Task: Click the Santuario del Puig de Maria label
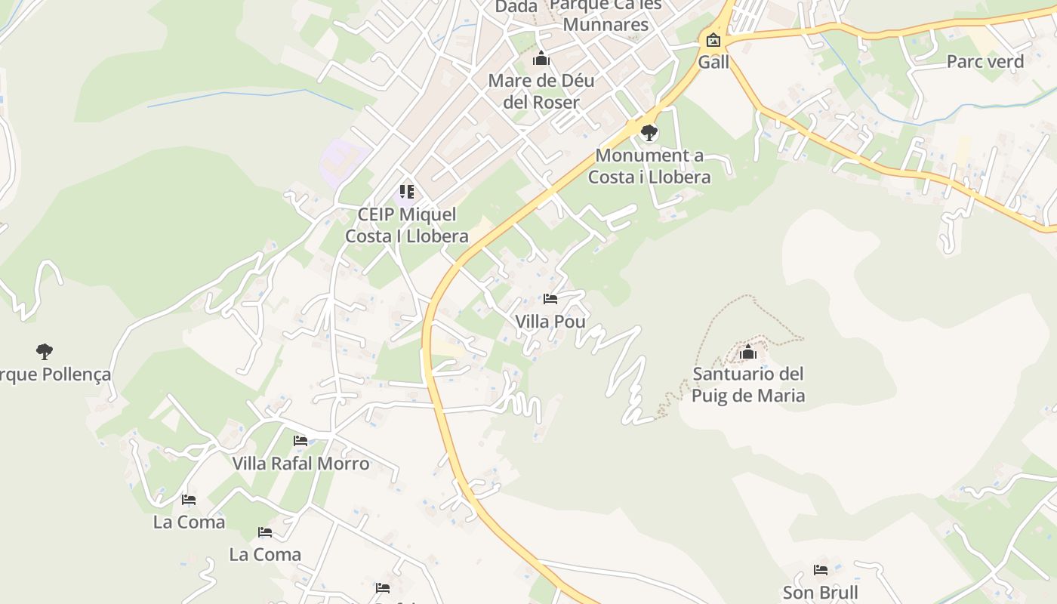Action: [748, 384]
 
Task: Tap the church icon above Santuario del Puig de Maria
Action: [748, 352]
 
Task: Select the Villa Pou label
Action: [550, 322]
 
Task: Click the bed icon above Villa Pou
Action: [550, 299]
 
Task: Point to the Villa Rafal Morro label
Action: [300, 464]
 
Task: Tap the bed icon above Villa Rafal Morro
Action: [300, 441]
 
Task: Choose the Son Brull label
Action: [820, 593]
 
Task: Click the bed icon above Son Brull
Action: [821, 570]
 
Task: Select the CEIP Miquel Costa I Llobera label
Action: [406, 225]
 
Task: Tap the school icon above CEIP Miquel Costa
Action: [407, 192]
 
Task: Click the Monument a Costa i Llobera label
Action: [649, 166]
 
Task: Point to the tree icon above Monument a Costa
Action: [649, 134]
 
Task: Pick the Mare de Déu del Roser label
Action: [541, 91]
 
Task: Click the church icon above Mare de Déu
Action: [541, 58]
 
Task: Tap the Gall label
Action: [713, 62]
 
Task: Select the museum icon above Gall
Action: [713, 40]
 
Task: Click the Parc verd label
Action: [985, 62]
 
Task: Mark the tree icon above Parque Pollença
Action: [45, 351]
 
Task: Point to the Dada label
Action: [516, 7]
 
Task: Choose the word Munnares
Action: [606, 24]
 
